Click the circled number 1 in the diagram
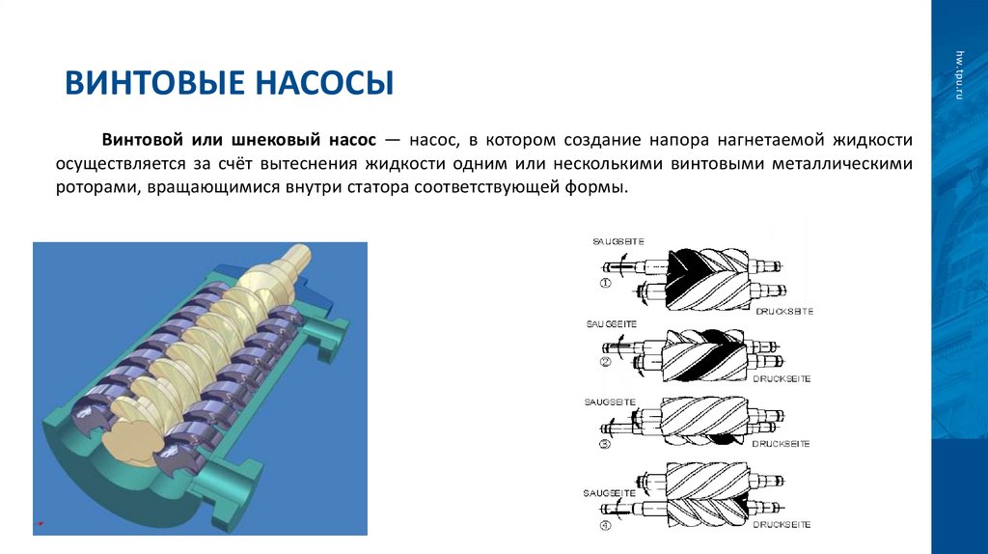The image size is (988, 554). (606, 284)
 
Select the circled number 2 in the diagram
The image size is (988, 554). (606, 363)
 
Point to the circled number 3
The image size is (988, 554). (606, 444)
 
